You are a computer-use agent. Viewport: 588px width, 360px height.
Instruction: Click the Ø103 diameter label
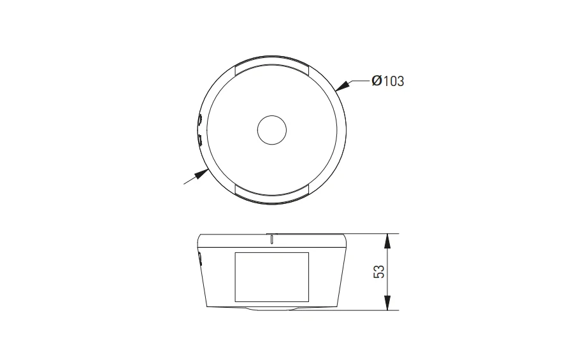(x=388, y=81)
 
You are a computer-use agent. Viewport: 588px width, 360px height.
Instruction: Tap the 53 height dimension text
(x=379, y=271)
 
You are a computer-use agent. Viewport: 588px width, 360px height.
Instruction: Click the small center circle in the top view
(x=272, y=130)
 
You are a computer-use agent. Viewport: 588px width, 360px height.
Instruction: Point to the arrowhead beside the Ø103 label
(x=343, y=86)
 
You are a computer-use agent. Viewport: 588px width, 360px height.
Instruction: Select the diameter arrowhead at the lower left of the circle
(x=201, y=174)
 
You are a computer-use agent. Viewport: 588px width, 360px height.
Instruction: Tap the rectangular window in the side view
(x=272, y=277)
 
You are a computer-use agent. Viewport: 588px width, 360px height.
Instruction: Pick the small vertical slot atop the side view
(x=271, y=239)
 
